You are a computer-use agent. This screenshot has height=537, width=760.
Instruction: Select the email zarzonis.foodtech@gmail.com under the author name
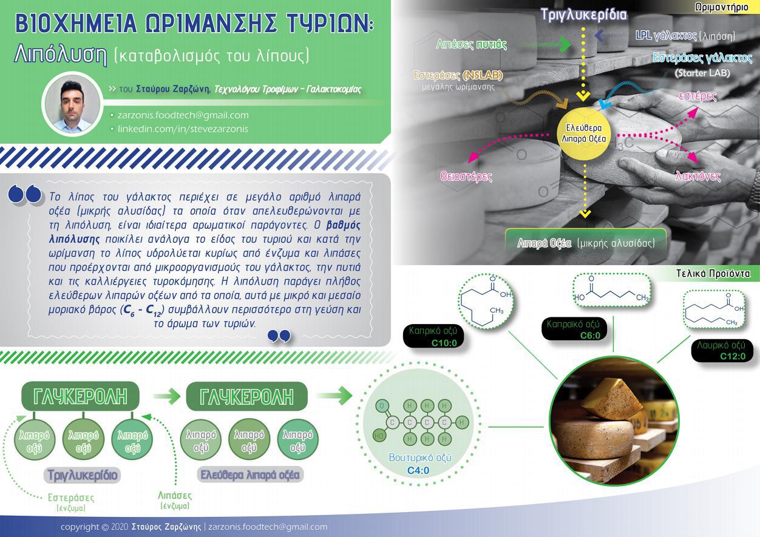(x=183, y=115)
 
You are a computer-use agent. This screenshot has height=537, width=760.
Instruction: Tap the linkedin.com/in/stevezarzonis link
(x=183, y=129)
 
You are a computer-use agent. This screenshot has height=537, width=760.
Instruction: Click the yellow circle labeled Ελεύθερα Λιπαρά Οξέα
(x=584, y=133)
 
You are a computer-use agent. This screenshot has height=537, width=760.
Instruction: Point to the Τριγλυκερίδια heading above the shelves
(x=583, y=15)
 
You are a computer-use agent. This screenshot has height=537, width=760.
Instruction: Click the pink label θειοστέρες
(x=466, y=176)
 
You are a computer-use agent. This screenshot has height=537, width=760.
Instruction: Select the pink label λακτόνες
(x=698, y=176)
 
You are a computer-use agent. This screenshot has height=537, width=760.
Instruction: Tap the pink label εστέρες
(x=697, y=96)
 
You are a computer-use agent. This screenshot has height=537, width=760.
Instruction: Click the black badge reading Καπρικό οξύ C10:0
(x=433, y=337)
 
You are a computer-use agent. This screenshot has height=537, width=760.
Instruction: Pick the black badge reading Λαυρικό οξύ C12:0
(x=722, y=351)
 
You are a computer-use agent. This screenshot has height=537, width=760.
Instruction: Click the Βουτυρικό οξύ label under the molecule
(x=420, y=458)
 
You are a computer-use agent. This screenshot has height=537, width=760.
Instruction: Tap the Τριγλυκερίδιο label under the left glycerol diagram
(x=83, y=475)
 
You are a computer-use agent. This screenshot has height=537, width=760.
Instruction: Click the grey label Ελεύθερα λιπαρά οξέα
(x=250, y=475)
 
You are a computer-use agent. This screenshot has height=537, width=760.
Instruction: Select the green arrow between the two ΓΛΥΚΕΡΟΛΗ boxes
(x=166, y=396)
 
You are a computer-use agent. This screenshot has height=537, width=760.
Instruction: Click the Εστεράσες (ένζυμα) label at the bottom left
(x=71, y=502)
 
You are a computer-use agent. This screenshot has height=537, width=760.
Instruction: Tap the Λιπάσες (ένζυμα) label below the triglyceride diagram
(x=175, y=500)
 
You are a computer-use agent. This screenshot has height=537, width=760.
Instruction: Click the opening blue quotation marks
(x=25, y=194)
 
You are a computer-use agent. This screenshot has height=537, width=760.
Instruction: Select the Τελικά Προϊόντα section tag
(x=713, y=274)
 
